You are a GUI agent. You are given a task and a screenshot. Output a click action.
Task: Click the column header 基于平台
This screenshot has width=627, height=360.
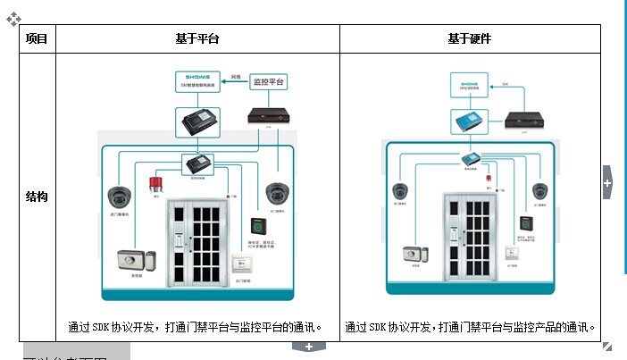tap(197, 39)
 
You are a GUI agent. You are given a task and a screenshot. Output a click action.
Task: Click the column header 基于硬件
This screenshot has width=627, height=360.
tap(469, 39)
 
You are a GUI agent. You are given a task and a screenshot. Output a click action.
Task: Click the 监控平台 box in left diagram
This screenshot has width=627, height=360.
tap(269, 80)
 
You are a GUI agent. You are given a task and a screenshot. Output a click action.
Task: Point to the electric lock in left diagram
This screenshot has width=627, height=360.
tap(137, 261)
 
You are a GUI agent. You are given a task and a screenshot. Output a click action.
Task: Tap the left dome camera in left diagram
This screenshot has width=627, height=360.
tap(119, 196)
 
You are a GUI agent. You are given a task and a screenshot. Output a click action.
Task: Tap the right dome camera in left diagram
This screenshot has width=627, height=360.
tap(275, 192)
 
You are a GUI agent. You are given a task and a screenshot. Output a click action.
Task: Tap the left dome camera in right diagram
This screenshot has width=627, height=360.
tap(401, 190)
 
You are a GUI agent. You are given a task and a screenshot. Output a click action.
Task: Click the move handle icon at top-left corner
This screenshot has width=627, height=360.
tap(12, 16)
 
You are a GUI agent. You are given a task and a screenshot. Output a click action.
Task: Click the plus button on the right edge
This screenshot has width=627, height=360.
tap(607, 182)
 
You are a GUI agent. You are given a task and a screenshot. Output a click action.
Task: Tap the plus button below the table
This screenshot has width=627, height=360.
tap(308, 347)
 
